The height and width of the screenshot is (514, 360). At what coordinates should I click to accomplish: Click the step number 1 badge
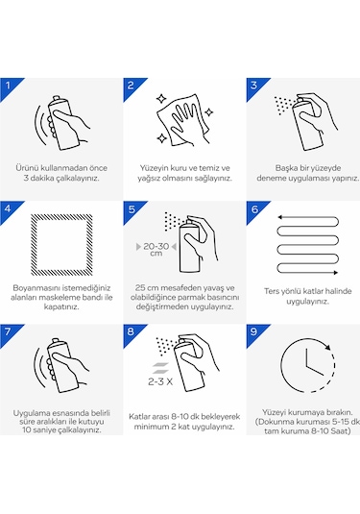[9, 86]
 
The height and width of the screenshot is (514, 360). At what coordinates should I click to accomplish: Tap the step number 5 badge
[132, 209]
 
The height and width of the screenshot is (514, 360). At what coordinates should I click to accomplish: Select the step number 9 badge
[254, 332]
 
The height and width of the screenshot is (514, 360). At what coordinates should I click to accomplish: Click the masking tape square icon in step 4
[61, 245]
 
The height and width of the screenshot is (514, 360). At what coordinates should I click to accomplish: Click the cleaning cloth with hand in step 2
[183, 120]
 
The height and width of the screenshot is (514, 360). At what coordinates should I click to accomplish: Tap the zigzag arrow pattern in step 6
[307, 245]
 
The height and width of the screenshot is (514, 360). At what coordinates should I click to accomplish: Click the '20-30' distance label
[156, 246]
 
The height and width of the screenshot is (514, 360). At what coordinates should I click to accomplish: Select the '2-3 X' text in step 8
[160, 381]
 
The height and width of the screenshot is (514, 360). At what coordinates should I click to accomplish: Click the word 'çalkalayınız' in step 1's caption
[80, 179]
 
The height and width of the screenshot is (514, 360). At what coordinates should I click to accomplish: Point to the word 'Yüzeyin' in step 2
[154, 168]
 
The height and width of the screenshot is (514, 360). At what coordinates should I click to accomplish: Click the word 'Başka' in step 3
[286, 168]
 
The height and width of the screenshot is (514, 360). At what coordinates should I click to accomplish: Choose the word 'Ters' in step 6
[273, 291]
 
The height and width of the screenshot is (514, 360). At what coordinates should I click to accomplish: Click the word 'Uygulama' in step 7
[30, 413]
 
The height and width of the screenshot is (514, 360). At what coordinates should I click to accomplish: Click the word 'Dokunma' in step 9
[275, 422]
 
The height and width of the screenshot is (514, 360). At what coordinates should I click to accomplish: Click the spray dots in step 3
[282, 105]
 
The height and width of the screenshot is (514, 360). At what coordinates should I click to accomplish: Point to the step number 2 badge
[132, 86]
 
